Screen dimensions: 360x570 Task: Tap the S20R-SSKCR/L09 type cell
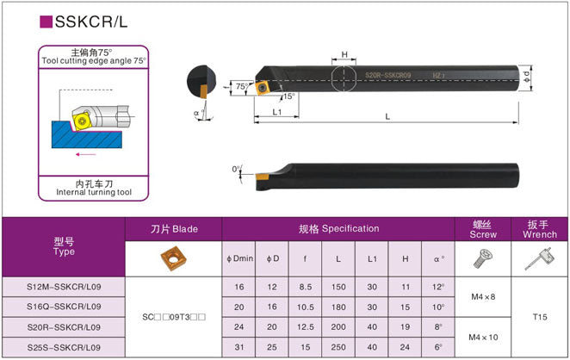(64, 326)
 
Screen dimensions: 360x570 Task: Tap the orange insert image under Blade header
(174, 258)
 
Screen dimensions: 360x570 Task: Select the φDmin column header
(239, 258)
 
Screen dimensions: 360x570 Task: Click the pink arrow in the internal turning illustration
(86, 155)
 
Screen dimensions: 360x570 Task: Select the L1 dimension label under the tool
(276, 112)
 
